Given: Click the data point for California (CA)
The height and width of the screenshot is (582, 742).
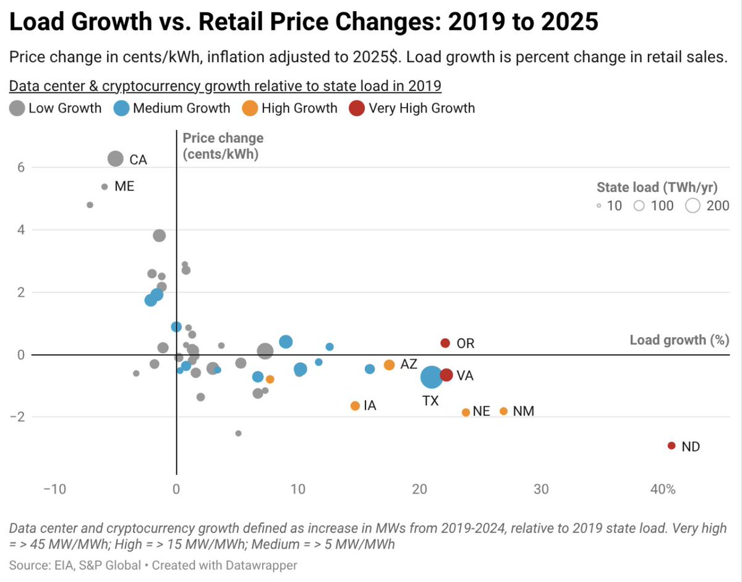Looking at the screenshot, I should pyautogui.click(x=116, y=159).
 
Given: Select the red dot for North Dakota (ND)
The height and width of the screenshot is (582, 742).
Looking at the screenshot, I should pyautogui.click(x=672, y=446).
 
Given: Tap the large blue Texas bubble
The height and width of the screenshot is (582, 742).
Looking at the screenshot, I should pyautogui.click(x=432, y=376).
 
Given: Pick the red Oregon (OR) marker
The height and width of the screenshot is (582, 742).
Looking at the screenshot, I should pyautogui.click(x=445, y=343).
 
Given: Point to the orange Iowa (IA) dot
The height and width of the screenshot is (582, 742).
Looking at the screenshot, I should pyautogui.click(x=355, y=406).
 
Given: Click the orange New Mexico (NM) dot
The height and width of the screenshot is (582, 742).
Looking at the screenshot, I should pyautogui.click(x=503, y=411).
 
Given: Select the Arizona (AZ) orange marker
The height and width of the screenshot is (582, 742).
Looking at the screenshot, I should pyautogui.click(x=389, y=365).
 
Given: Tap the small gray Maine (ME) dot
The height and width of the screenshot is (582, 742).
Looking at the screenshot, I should pyautogui.click(x=104, y=186).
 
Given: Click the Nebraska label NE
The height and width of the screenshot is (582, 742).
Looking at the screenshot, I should pyautogui.click(x=481, y=412).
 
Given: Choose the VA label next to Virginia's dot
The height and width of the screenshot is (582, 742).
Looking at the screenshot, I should pyautogui.click(x=465, y=375).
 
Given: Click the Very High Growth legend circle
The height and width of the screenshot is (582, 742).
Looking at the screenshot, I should pyautogui.click(x=357, y=108).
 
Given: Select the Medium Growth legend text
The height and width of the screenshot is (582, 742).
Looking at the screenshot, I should pyautogui.click(x=181, y=108).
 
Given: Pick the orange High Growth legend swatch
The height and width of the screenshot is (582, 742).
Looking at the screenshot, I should pyautogui.click(x=250, y=108).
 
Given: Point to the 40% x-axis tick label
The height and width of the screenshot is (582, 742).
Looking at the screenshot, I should pyautogui.click(x=663, y=489).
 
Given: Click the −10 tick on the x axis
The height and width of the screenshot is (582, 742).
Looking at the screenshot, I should pyautogui.click(x=54, y=489).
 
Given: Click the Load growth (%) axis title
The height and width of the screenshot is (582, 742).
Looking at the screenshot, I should pyautogui.click(x=679, y=340).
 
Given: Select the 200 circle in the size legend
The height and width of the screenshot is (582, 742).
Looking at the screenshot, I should pyautogui.click(x=693, y=206).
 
